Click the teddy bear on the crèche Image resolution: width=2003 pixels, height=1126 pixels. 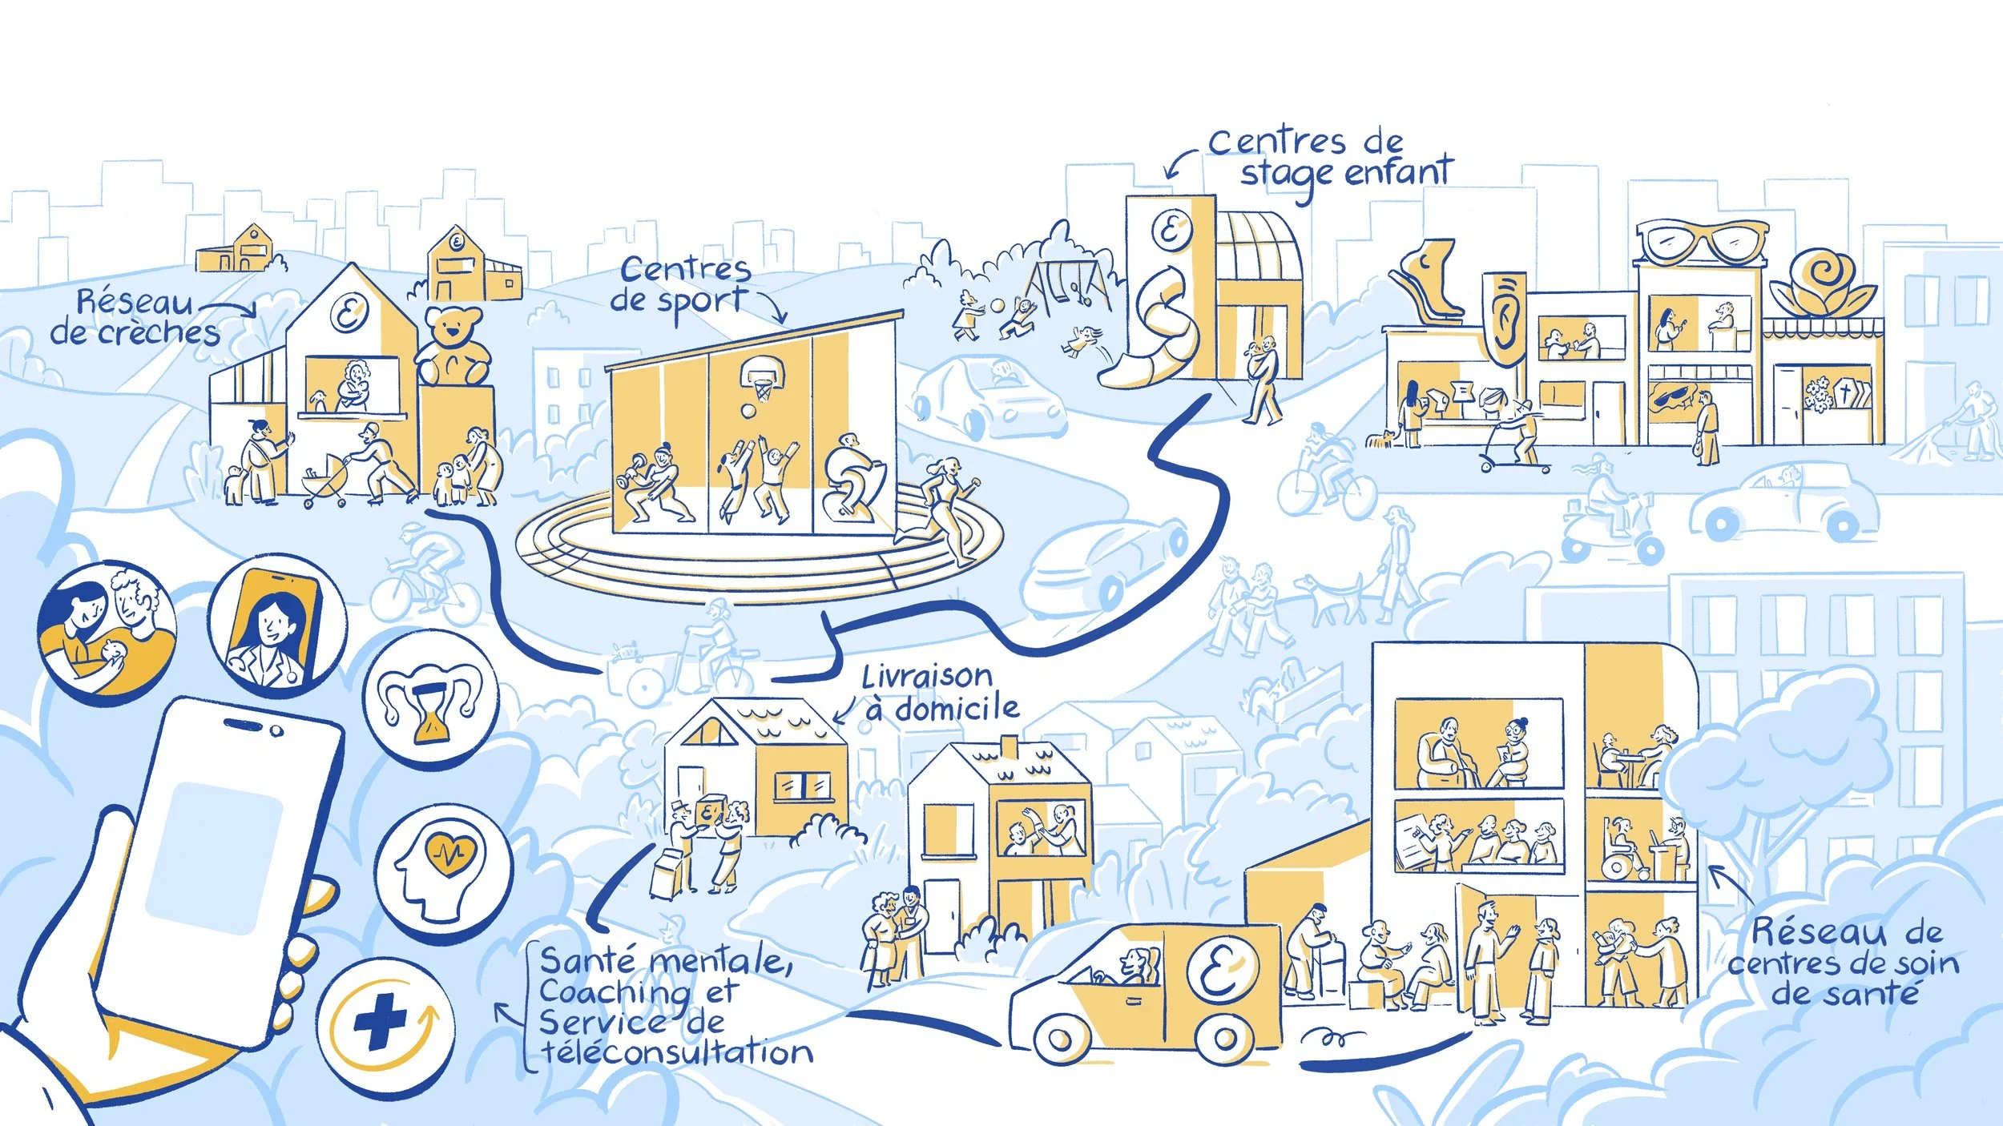tap(453, 346)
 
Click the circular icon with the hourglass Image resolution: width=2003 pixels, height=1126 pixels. tap(431, 698)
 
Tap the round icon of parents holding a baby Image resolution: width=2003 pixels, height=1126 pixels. tap(107, 628)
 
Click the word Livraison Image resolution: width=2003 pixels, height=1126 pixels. tap(927, 678)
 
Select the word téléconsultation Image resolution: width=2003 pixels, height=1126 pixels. tap(678, 1052)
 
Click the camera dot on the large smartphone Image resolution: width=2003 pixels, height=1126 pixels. tap(276, 731)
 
